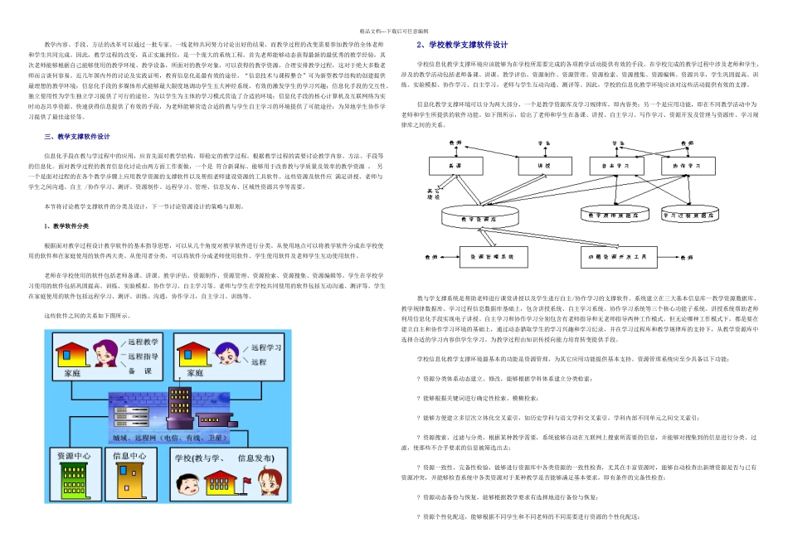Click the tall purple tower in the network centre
180,408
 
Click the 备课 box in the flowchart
454,166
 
